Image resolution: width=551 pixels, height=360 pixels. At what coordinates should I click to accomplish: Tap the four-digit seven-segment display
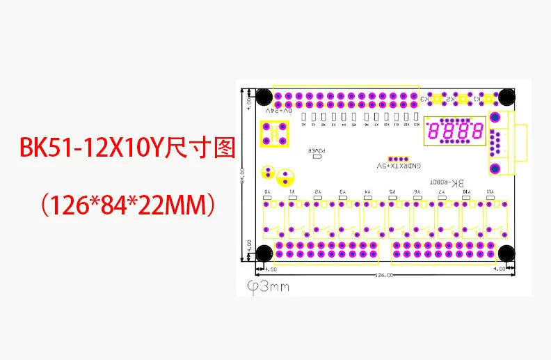coord(456,130)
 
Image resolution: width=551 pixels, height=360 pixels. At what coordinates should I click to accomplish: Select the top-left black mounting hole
coord(264,96)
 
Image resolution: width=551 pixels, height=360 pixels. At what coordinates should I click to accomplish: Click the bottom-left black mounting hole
coord(264,253)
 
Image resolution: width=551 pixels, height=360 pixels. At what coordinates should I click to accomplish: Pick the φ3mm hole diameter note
coord(269,287)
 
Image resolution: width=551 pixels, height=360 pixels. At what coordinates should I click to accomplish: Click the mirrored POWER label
coord(317,150)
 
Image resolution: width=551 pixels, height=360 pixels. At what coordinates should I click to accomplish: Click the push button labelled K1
coord(489,100)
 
